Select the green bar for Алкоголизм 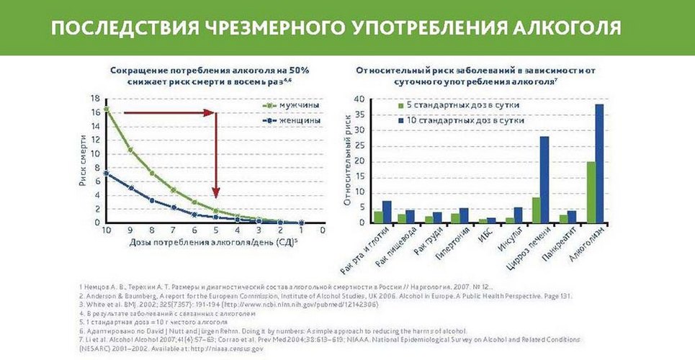point(591,192)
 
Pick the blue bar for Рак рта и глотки point(387,212)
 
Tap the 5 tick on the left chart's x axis point(215,231)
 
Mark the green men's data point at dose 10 point(107,109)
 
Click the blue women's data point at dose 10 point(107,173)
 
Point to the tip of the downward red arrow point(215,196)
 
